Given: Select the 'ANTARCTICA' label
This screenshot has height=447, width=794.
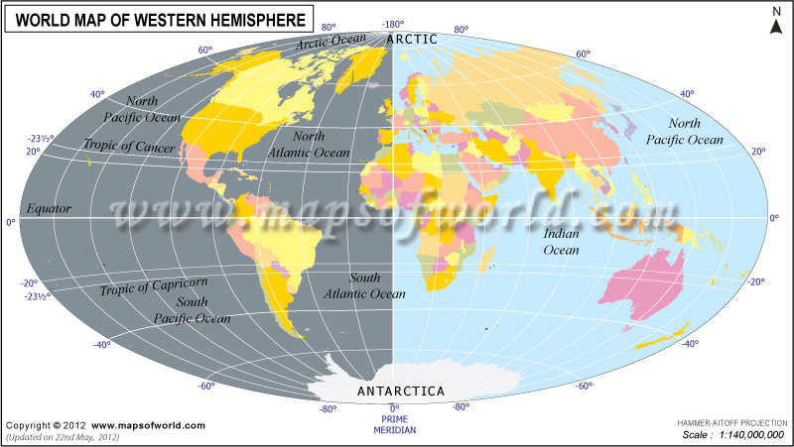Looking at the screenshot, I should (x=400, y=391).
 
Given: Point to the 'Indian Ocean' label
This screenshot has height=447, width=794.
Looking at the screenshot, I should (x=562, y=243).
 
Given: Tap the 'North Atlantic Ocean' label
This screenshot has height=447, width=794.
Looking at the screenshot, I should (x=309, y=145).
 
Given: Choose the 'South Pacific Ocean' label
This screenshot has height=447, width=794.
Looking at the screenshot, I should (x=193, y=310).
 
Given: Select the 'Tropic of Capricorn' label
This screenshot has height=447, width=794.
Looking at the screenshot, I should (x=153, y=287).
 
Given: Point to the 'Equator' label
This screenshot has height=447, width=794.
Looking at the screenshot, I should (x=49, y=209).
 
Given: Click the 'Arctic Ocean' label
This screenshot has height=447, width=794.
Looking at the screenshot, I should (x=331, y=42).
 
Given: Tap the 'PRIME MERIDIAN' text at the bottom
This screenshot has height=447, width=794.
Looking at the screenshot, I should (x=394, y=425).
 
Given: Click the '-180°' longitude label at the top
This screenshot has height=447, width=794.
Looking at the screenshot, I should (x=393, y=23).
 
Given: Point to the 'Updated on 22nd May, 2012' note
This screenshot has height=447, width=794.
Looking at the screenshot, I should (x=63, y=436).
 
